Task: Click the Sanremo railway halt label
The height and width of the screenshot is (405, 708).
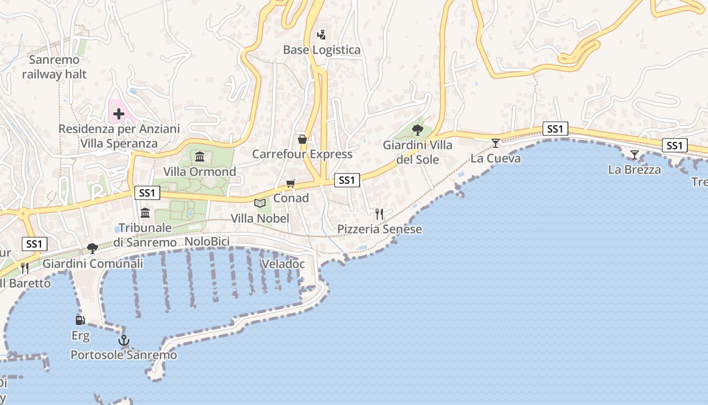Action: [54, 67]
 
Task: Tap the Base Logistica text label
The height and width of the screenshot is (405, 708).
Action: [322, 50]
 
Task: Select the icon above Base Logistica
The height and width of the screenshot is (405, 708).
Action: [321, 34]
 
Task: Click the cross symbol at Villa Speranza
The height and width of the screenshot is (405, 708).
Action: [119, 114]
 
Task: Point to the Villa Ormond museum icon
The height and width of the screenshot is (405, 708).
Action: [200, 156]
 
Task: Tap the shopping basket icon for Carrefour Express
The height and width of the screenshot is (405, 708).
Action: [302, 139]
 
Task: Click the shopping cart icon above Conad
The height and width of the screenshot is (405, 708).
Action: [290, 183]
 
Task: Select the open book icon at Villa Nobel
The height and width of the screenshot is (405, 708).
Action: [260, 203]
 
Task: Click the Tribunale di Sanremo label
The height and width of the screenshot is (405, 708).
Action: [145, 235]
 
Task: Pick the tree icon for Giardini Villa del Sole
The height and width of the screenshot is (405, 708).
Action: [418, 130]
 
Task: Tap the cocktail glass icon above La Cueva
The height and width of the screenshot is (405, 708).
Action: [496, 143]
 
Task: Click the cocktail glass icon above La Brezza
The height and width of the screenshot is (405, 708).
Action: [634, 155]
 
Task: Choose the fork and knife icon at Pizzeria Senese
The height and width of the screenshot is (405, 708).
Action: [379, 214]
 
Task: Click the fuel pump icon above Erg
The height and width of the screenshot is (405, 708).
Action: [80, 320]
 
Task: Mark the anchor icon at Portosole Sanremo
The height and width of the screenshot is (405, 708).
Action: [124, 340]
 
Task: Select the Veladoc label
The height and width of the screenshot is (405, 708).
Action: [283, 264]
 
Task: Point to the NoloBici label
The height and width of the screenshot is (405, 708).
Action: [207, 241]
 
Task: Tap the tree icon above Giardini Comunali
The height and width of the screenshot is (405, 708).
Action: [93, 248]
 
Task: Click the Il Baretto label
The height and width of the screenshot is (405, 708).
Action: [25, 283]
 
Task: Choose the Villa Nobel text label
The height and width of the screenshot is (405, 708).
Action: [260, 218]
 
